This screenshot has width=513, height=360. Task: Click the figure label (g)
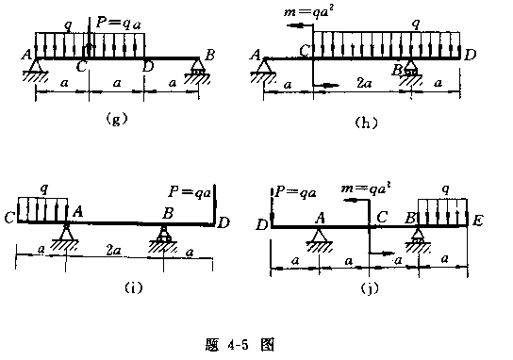(116, 119)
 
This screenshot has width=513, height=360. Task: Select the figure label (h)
(366, 123)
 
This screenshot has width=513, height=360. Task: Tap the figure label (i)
(134, 287)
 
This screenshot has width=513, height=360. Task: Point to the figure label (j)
(370, 288)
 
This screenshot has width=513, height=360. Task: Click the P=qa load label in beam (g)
(119, 24)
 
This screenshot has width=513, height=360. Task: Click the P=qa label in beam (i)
(190, 191)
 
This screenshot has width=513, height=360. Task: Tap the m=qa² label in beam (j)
(366, 188)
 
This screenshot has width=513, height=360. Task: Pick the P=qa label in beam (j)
(296, 192)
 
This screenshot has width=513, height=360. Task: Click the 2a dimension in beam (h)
(364, 83)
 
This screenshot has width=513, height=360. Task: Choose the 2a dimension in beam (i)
(113, 251)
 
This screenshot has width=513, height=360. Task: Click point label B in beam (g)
(209, 55)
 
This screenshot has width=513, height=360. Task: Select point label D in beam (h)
(471, 55)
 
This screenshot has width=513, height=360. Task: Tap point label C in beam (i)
(9, 218)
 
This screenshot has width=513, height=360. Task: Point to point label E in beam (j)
(477, 221)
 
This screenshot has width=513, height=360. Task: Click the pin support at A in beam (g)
(35, 70)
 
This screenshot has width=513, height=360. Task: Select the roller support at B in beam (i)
(163, 238)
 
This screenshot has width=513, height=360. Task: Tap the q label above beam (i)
(43, 189)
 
